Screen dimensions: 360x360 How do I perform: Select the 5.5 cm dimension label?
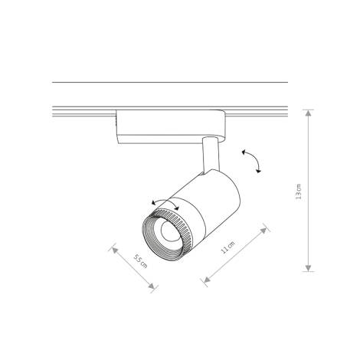(139, 260)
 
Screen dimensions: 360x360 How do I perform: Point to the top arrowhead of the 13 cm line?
(308, 112)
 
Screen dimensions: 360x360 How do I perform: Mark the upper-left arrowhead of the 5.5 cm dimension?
(113, 248)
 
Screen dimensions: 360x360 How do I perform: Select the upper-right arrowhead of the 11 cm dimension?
(266, 227)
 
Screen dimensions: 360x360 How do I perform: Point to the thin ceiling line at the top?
(169, 82)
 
